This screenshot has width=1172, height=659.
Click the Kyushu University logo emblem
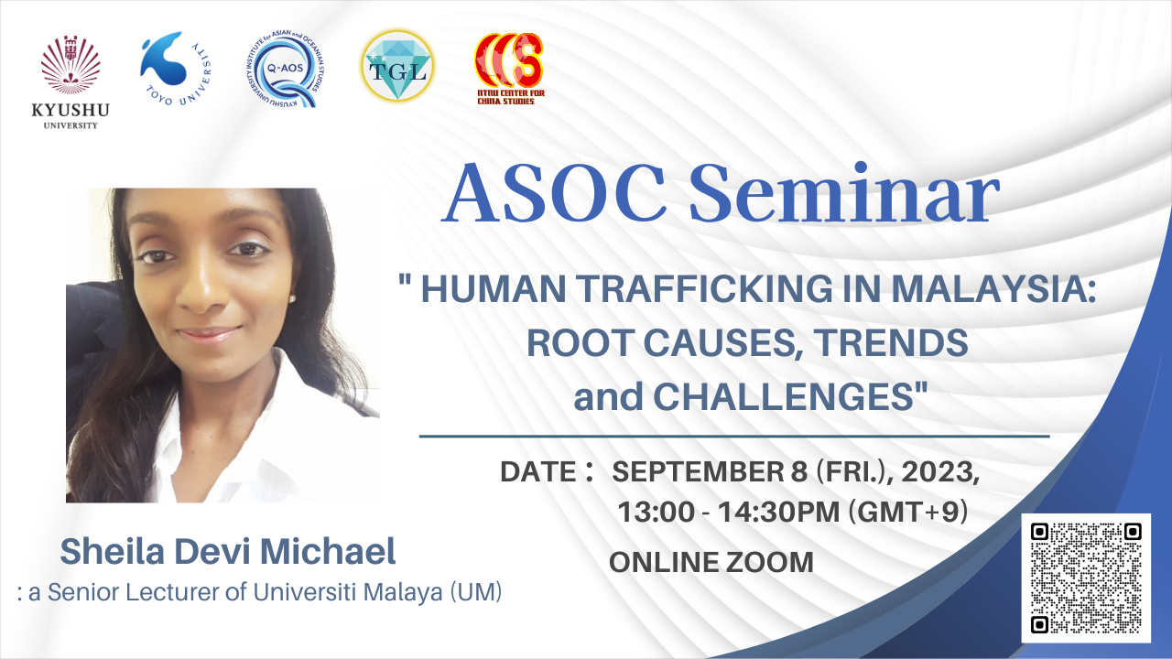[x=71, y=65]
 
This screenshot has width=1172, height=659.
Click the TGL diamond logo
[x=397, y=66]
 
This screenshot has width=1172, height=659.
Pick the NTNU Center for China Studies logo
[x=510, y=69]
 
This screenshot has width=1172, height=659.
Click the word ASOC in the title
[x=554, y=193]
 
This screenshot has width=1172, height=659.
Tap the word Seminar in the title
[x=844, y=193]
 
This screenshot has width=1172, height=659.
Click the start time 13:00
[x=657, y=512]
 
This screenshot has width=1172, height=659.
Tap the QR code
[x=1086, y=578]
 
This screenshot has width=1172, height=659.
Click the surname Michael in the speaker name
[x=328, y=552]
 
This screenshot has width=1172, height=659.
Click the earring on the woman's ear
[x=291, y=298]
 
